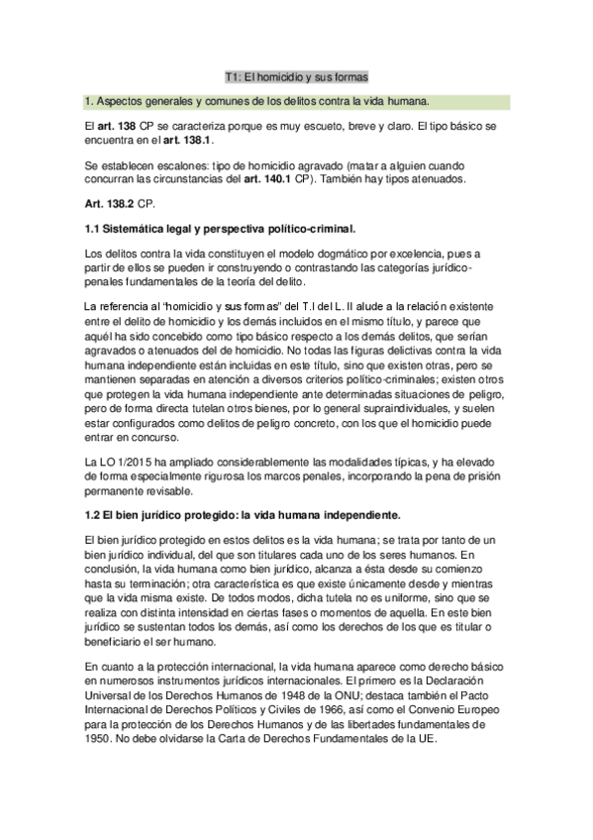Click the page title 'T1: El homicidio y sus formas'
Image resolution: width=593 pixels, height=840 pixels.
(x=296, y=76)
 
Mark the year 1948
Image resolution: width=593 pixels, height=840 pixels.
(x=308, y=692)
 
